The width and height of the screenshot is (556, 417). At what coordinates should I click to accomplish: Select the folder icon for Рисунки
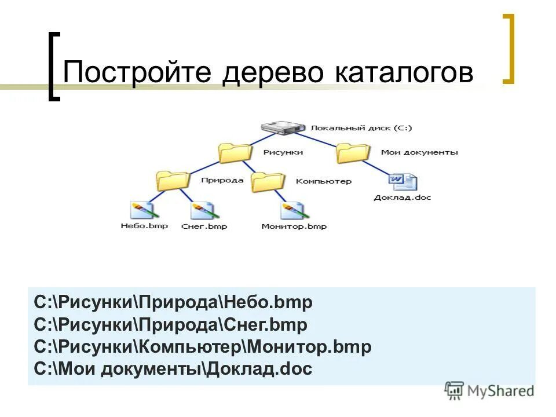(235, 152)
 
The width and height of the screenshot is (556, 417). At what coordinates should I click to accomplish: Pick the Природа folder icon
(173, 181)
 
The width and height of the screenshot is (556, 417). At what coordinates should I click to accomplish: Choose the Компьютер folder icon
(268, 181)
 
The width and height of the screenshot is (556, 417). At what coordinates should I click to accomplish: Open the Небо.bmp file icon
(142, 209)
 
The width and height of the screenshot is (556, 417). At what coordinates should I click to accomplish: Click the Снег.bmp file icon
(202, 209)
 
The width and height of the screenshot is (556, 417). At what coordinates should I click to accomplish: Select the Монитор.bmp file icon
(292, 209)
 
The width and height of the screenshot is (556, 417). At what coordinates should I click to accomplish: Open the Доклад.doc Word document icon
(403, 182)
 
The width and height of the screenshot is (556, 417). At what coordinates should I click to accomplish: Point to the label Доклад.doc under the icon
(403, 197)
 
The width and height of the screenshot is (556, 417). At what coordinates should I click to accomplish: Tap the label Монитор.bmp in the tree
(294, 226)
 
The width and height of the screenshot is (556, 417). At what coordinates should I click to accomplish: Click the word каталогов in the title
(404, 74)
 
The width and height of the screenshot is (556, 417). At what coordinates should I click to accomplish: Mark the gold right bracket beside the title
(509, 49)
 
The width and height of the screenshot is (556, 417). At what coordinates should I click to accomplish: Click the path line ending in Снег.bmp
(171, 324)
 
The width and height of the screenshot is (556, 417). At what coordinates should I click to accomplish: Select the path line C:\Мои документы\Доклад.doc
(173, 369)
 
